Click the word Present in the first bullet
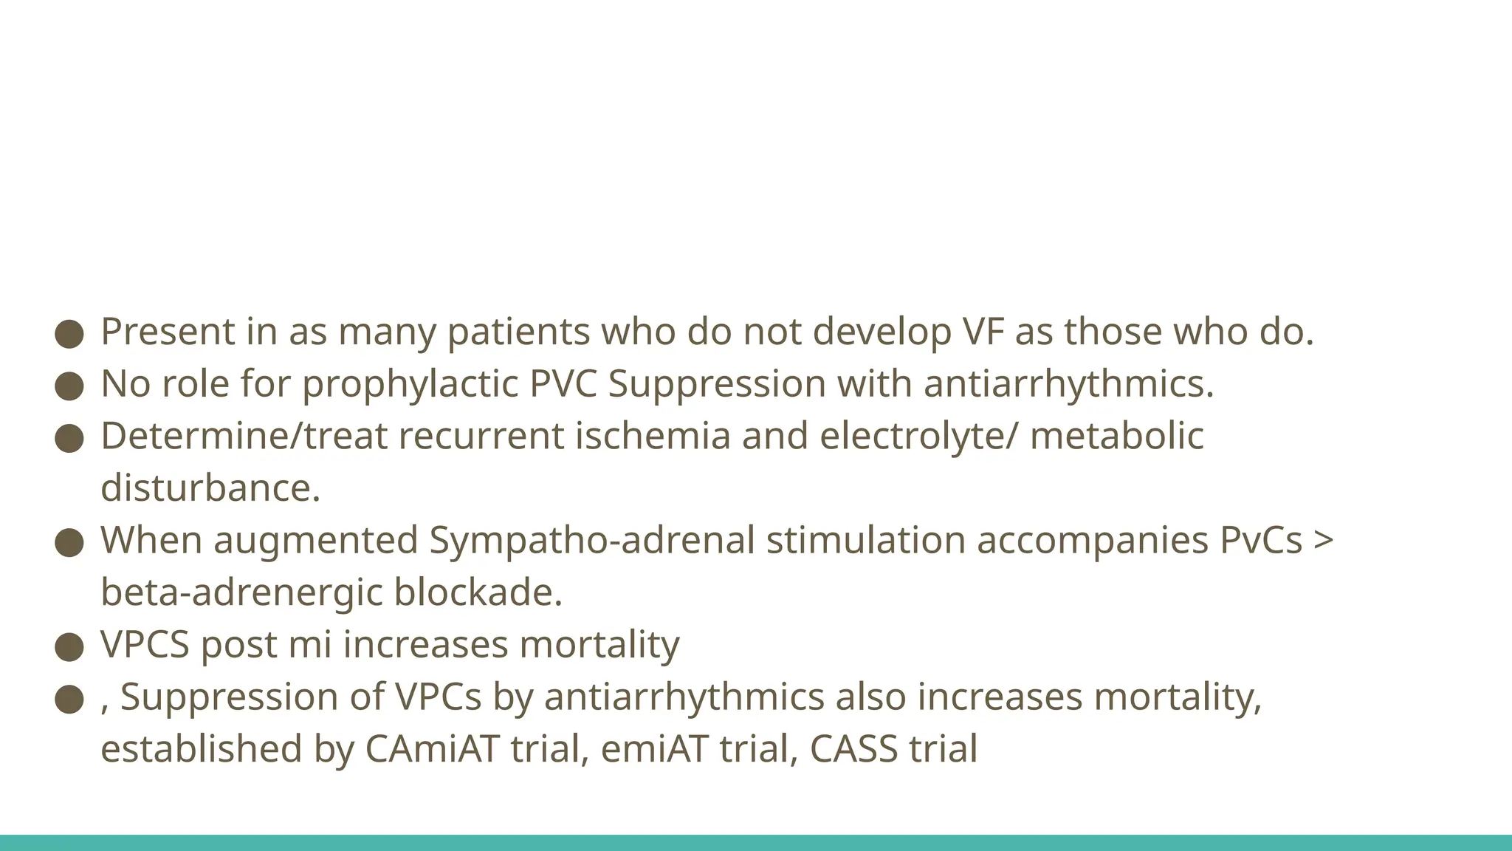click(x=168, y=332)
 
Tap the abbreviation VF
click(x=983, y=332)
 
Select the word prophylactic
click(x=410, y=384)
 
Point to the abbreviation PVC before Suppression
click(x=563, y=384)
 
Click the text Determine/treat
click(x=244, y=436)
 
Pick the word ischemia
click(x=653, y=436)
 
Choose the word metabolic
click(x=1116, y=436)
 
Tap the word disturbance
click(x=210, y=488)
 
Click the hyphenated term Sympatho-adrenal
click(x=591, y=540)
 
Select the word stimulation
click(x=866, y=540)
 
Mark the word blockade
click(x=478, y=592)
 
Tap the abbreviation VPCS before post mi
click(x=145, y=645)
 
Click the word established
click(x=202, y=749)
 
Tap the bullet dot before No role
click(x=69, y=386)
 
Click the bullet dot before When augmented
click(x=69, y=542)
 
